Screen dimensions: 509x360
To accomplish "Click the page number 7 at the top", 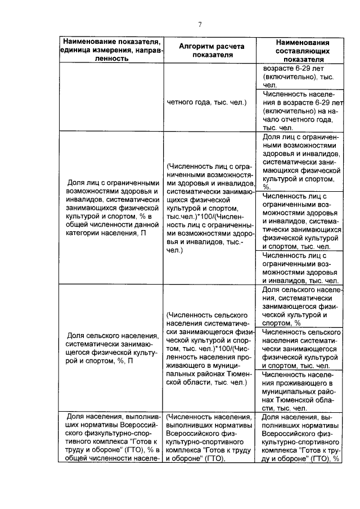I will [x=199, y=24].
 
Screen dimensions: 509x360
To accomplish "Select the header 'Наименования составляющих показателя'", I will [x=302, y=49].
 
